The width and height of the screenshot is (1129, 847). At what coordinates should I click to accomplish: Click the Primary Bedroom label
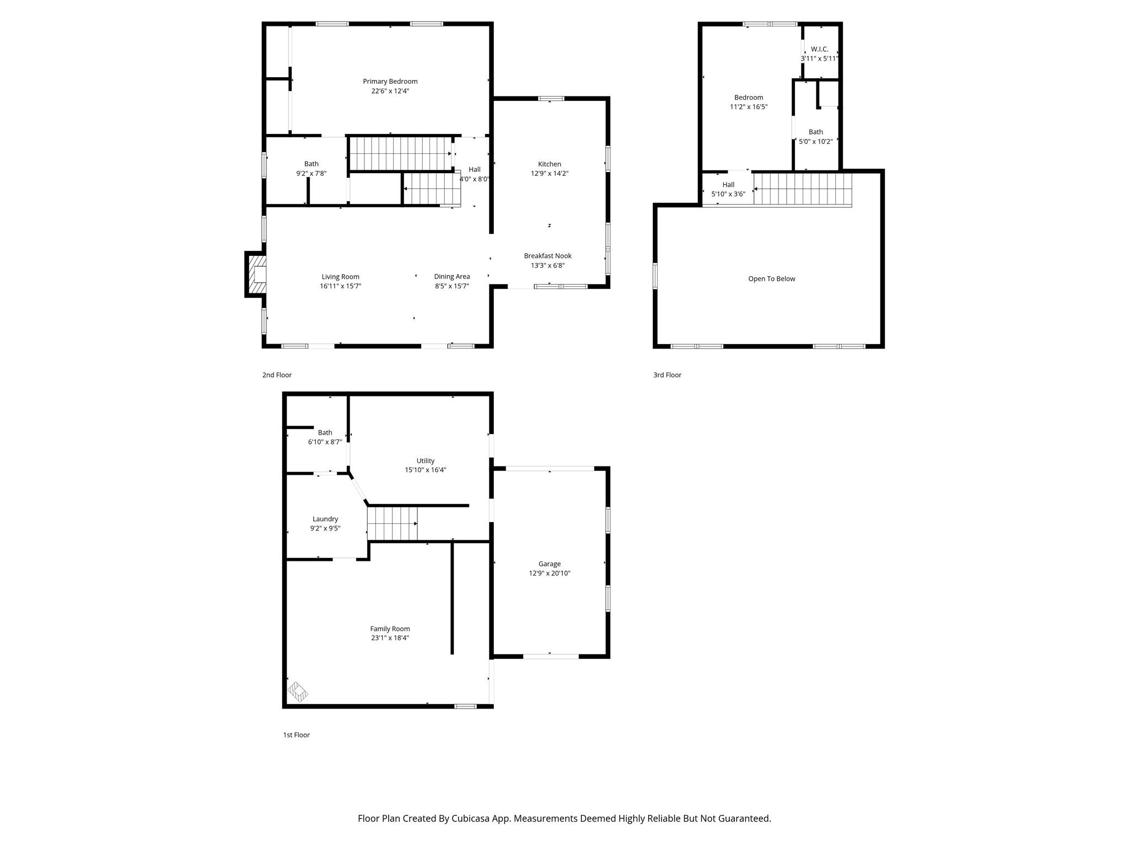[390, 82]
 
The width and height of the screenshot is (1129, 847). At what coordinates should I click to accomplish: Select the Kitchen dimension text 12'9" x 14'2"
[549, 174]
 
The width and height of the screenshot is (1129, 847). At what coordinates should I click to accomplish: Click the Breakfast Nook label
[547, 256]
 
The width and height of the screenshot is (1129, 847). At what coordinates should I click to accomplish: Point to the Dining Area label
[451, 277]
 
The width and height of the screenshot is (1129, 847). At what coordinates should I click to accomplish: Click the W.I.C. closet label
[819, 49]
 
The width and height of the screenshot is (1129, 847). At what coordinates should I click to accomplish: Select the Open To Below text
[771, 279]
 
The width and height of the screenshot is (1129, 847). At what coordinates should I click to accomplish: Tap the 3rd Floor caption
[667, 375]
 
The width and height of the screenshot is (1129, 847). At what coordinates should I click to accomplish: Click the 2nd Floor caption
[277, 375]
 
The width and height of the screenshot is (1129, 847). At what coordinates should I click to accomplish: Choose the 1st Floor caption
[296, 735]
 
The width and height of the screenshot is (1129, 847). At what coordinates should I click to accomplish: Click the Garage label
[549, 564]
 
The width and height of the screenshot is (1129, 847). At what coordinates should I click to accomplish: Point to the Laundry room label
[325, 519]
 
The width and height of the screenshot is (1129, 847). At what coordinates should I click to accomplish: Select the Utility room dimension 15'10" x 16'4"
[425, 470]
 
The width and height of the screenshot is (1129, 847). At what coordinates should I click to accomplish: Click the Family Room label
[390, 629]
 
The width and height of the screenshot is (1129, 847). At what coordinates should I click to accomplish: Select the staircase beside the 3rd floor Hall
[802, 189]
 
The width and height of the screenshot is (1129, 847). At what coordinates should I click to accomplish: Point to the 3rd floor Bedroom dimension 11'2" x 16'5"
[748, 107]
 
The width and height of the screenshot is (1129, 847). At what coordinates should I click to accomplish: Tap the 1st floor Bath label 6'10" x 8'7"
[325, 442]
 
